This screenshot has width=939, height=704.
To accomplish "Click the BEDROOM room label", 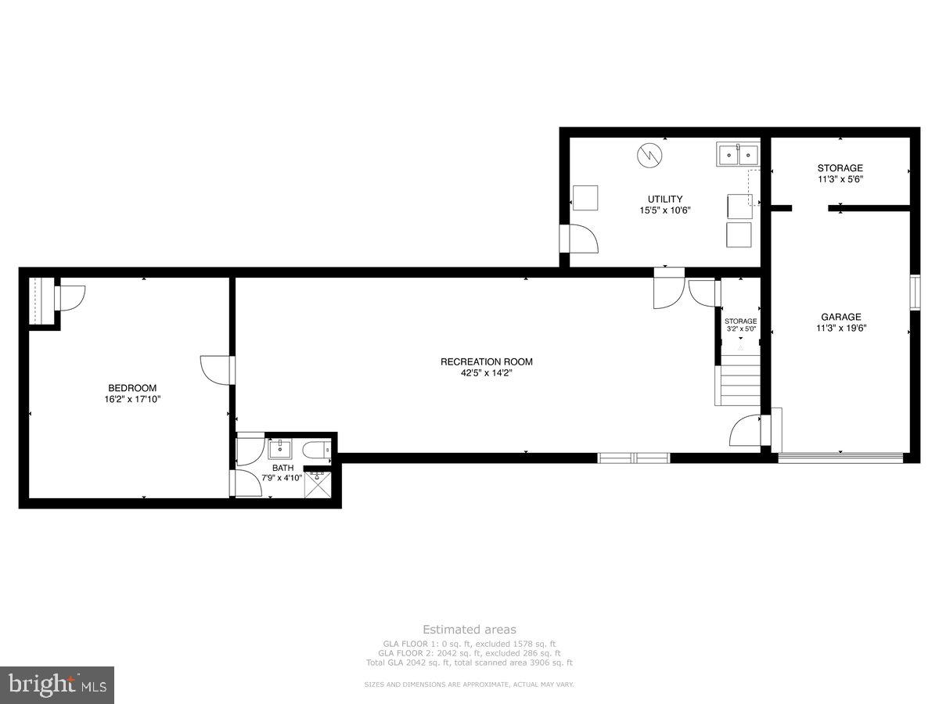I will pyautogui.click(x=131, y=388).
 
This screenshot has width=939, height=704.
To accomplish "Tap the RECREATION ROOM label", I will pyautogui.click(x=486, y=361).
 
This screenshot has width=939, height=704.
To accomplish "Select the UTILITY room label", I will pyautogui.click(x=664, y=199).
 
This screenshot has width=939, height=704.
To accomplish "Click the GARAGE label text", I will pyautogui.click(x=840, y=317).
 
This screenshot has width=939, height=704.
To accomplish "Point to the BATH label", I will pyautogui.click(x=282, y=468).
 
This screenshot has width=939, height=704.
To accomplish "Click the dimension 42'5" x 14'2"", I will pyautogui.click(x=486, y=373).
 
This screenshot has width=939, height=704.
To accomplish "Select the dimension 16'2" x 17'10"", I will pyautogui.click(x=131, y=399).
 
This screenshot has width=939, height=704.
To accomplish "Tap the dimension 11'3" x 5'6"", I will pyautogui.click(x=840, y=179).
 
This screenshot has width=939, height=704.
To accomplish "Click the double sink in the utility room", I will pyautogui.click(x=738, y=155).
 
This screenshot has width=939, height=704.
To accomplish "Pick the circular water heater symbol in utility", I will pyautogui.click(x=648, y=155).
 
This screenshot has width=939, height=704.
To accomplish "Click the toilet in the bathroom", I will pyautogui.click(x=318, y=450).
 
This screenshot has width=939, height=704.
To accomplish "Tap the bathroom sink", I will pyautogui.click(x=279, y=449).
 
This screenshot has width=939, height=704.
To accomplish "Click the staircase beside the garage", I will pyautogui.click(x=738, y=380).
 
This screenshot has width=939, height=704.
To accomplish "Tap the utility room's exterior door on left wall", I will pyautogui.click(x=579, y=239).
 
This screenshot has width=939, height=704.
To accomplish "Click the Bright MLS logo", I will pyautogui.click(x=57, y=685).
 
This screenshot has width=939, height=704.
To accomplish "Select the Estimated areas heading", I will pyautogui.click(x=469, y=629).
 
